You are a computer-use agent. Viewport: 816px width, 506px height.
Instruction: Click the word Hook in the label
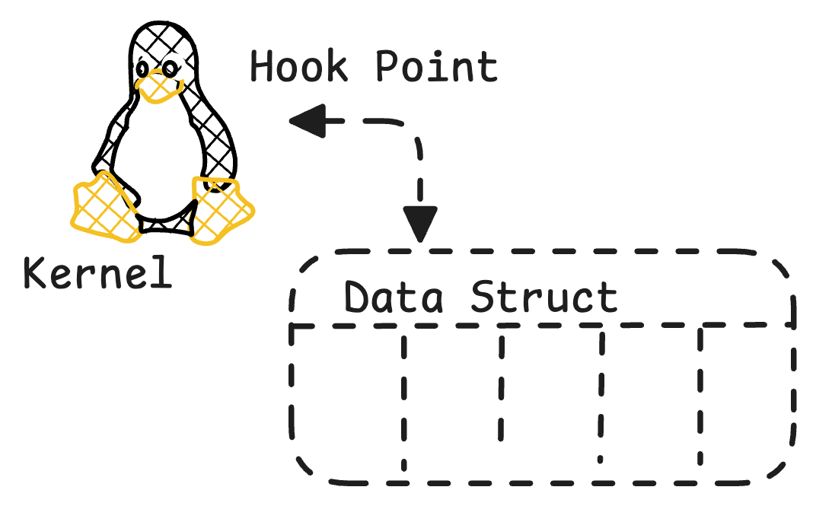298,66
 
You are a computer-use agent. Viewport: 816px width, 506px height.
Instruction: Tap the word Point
437,66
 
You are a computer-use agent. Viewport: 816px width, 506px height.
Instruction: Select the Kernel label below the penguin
97,272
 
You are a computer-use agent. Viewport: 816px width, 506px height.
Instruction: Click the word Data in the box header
393,297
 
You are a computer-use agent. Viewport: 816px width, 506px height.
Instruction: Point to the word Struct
543,297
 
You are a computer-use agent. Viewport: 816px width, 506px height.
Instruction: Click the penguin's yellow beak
159,86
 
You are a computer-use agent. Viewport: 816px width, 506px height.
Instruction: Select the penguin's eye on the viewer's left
142,68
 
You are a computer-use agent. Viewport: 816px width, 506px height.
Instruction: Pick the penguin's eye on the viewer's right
170,68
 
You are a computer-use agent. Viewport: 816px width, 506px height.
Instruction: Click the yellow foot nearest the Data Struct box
222,210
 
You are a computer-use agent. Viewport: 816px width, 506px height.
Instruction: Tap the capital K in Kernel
36,272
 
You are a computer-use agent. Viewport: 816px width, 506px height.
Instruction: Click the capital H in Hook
263,66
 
